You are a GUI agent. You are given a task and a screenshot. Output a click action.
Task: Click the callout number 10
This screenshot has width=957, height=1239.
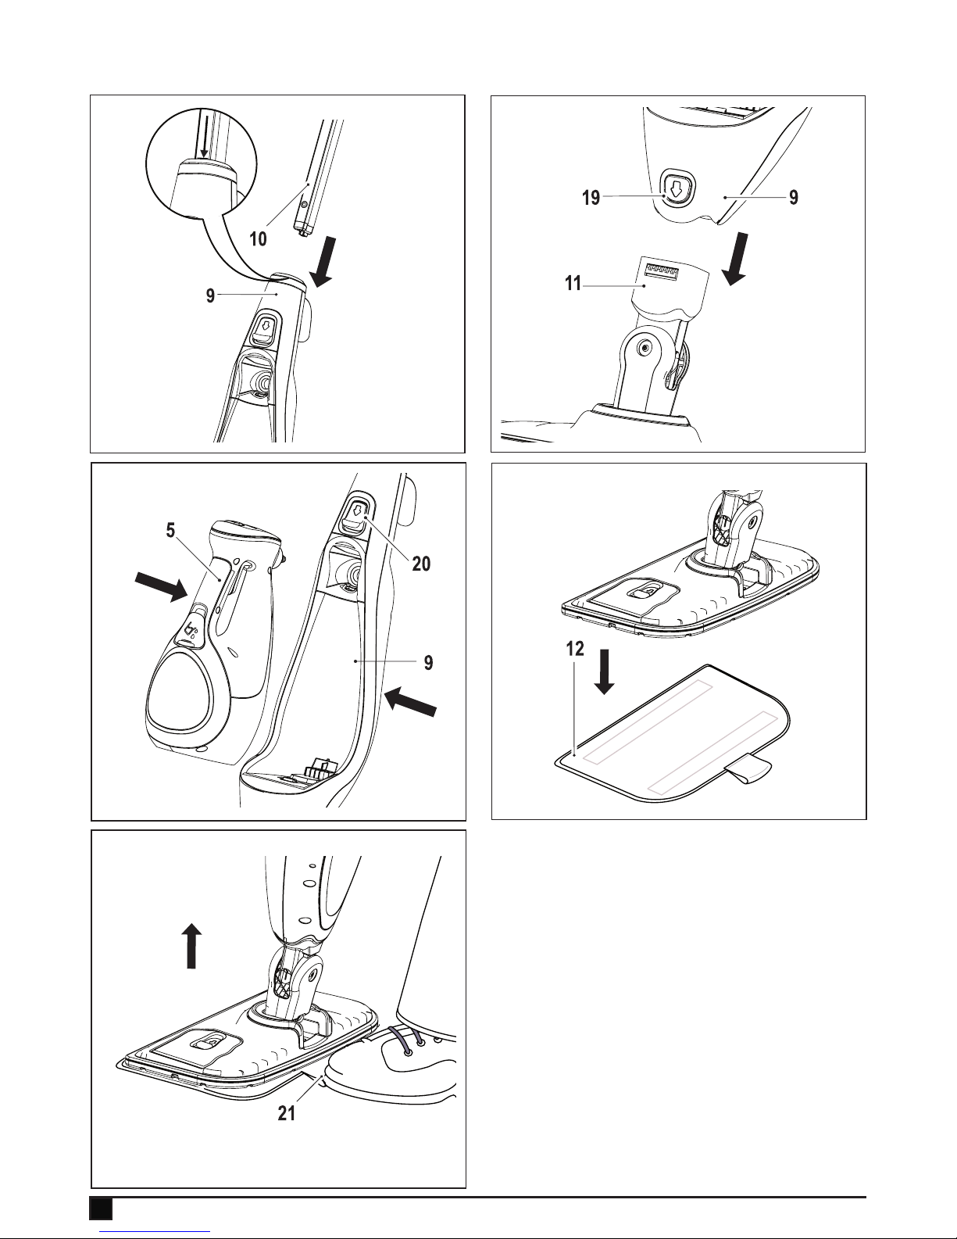click(258, 239)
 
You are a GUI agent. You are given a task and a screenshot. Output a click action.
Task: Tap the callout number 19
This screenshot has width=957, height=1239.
click(591, 198)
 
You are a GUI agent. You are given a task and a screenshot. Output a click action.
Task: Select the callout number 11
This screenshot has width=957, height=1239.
click(573, 284)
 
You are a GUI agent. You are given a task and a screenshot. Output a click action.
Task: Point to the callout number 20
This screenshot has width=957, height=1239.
click(421, 564)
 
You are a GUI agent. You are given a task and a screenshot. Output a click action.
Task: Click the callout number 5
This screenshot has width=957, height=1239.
click(170, 530)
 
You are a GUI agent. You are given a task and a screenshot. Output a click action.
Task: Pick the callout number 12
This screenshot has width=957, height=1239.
click(575, 649)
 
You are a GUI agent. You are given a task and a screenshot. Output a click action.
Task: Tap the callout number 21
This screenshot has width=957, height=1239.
click(287, 1113)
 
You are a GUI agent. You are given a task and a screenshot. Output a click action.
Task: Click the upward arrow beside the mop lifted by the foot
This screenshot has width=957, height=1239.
click(191, 946)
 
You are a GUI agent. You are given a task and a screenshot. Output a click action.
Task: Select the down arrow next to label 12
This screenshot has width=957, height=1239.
click(605, 671)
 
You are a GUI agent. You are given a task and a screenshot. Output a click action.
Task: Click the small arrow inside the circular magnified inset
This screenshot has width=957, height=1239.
click(205, 142)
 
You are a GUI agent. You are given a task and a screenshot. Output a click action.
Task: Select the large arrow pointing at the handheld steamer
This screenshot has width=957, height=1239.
click(161, 587)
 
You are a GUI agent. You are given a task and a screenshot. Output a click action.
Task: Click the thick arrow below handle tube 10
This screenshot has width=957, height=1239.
click(324, 261)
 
